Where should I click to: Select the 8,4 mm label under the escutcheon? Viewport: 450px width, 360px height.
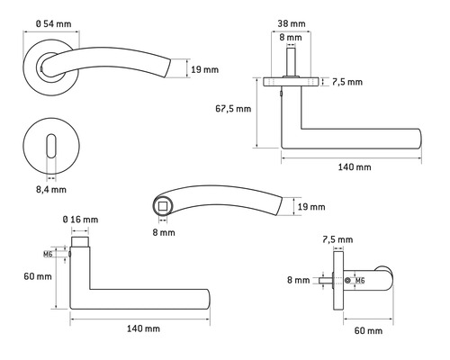tap(51, 190)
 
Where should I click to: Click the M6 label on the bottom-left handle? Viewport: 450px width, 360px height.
tap(59, 254)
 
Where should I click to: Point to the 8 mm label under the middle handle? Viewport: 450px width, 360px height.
tap(163, 231)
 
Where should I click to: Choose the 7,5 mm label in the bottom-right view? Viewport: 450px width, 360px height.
tap(337, 239)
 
